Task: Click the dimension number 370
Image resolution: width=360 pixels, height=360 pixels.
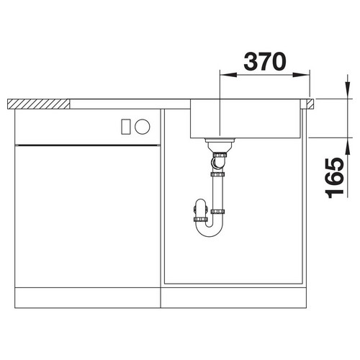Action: pyautogui.click(x=265, y=61)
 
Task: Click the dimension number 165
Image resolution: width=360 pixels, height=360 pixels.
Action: pyautogui.click(x=334, y=178)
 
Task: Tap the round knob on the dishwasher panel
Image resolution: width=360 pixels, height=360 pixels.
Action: pyautogui.click(x=143, y=127)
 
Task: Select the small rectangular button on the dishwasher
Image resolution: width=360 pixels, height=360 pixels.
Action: pyautogui.click(x=126, y=127)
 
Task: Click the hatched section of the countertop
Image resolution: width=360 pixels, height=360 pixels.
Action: pyautogui.click(x=38, y=104)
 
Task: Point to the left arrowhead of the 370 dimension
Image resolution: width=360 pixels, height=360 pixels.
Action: pyautogui.click(x=228, y=75)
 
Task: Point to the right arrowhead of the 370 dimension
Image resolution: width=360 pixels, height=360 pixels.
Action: pyautogui.click(x=301, y=75)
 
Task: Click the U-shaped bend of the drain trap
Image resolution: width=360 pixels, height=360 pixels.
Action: pyautogui.click(x=210, y=228)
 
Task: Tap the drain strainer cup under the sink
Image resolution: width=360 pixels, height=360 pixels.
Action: pyautogui.click(x=220, y=145)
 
